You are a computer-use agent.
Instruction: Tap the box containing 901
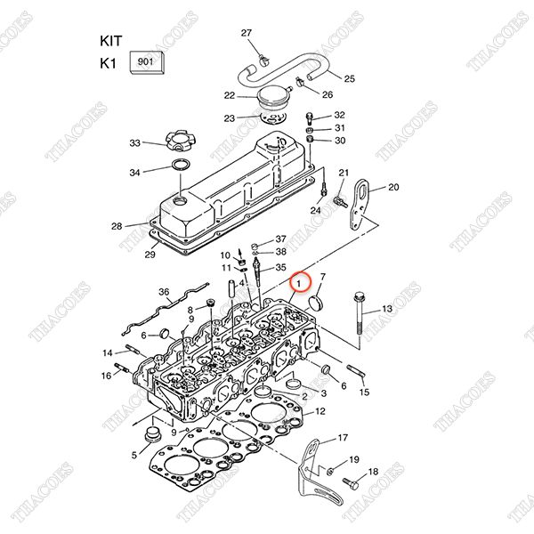pyautogui.click(x=146, y=63)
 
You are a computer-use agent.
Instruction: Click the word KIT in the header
pyautogui.click(x=110, y=41)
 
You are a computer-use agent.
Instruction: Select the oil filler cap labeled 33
pyautogui.click(x=179, y=142)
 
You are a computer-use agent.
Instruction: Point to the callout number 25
pyautogui.click(x=349, y=78)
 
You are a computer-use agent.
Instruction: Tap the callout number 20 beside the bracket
pyautogui.click(x=393, y=187)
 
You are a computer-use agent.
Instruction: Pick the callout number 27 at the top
pyautogui.click(x=247, y=33)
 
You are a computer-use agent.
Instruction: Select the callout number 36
pyautogui.click(x=164, y=292)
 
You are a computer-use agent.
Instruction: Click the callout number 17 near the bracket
pyautogui.click(x=343, y=438)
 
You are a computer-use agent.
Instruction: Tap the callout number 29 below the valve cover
pyautogui.click(x=150, y=255)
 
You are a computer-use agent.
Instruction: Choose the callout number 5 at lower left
pyautogui.click(x=134, y=455)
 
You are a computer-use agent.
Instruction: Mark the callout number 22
pyautogui.click(x=229, y=95)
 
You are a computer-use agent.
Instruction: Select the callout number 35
pyautogui.click(x=280, y=267)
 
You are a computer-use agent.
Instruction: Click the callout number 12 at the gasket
pyautogui.click(x=320, y=410)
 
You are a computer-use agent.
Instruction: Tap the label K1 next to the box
pyautogui.click(x=109, y=63)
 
